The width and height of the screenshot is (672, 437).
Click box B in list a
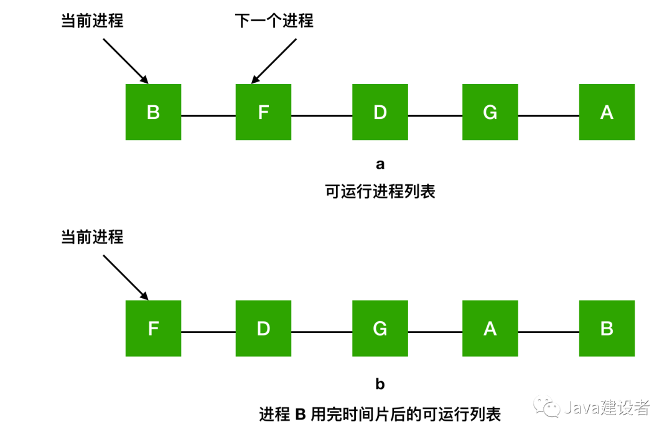(153, 112)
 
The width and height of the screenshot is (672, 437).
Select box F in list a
(263, 112)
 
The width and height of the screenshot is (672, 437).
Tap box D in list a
(380, 112)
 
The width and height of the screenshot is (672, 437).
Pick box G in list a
(490, 112)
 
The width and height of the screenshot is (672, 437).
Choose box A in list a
(607, 112)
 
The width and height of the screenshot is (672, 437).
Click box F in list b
(153, 329)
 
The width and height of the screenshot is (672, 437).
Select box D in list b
(263, 329)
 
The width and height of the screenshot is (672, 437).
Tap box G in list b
(380, 329)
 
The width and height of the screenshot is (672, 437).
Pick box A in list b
(490, 329)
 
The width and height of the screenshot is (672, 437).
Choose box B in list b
(607, 329)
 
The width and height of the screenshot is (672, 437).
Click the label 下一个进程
(274, 21)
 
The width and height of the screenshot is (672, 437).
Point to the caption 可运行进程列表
(380, 191)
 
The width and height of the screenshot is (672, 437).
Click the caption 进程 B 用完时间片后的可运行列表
(380, 414)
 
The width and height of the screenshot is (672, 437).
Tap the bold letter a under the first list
(380, 164)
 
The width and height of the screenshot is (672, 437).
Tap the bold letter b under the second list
(380, 384)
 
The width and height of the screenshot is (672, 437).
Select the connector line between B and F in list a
(208, 116)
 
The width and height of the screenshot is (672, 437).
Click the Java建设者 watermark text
(607, 408)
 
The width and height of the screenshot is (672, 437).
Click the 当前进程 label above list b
(92, 237)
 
